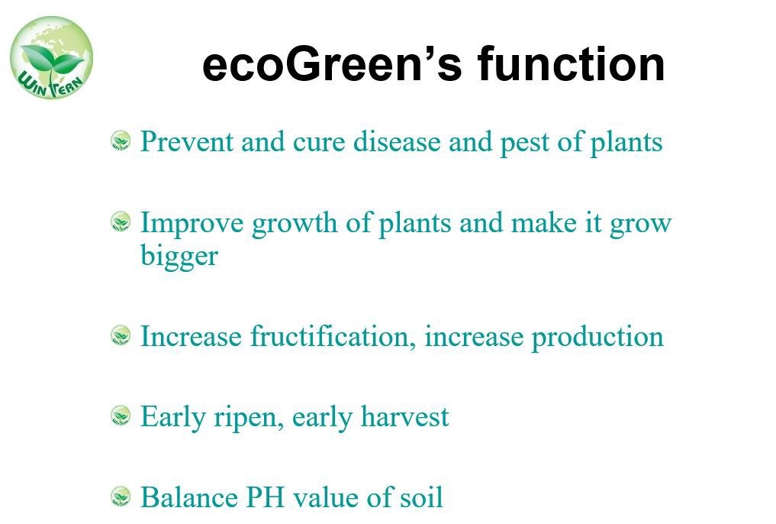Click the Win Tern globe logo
coord(51,57)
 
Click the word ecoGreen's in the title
coord(332,64)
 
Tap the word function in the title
coord(571,63)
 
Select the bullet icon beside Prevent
coord(121,141)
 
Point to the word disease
coord(397,141)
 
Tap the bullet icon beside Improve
coord(121,222)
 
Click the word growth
coord(295,224)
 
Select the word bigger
coord(179,257)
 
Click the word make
coord(543,222)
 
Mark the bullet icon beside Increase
coord(121,336)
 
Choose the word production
coord(597,338)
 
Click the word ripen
coord(249,418)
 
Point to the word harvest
coord(405,416)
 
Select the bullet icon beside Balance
coord(121,497)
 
